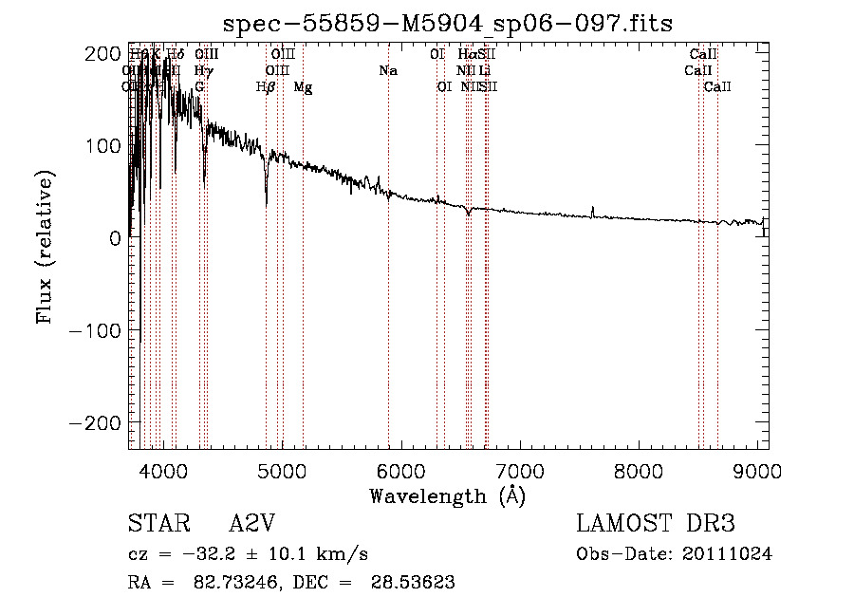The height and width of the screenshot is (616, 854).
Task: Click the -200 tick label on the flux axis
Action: coord(97,422)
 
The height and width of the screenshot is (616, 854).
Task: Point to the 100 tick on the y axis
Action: coord(104,146)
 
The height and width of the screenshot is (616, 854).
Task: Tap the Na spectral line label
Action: coord(387,70)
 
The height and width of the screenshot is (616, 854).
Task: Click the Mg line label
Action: coord(303,87)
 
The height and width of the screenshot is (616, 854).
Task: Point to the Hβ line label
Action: coord(266,87)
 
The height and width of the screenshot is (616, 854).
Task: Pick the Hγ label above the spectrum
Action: coord(202,70)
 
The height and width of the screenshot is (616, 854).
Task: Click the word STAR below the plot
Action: coord(158,524)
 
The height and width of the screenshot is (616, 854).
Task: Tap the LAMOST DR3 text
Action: coord(656,524)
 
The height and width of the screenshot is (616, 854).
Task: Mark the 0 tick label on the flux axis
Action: coord(114,238)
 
